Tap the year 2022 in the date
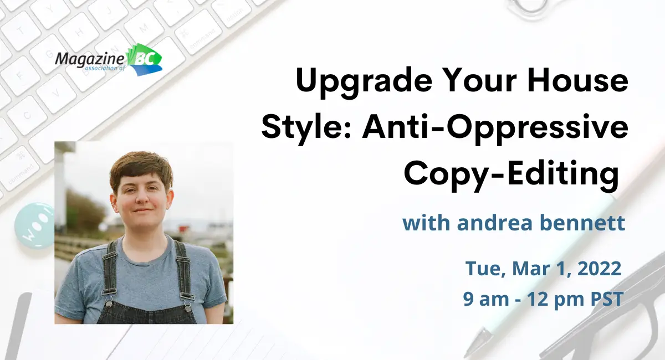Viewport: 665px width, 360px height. pos(599,269)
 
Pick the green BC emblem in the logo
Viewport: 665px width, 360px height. pos(145,59)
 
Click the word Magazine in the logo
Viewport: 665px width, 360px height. pos(89,59)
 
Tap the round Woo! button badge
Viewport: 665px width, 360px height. pos(35,225)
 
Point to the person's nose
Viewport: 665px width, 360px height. pos(142,198)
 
